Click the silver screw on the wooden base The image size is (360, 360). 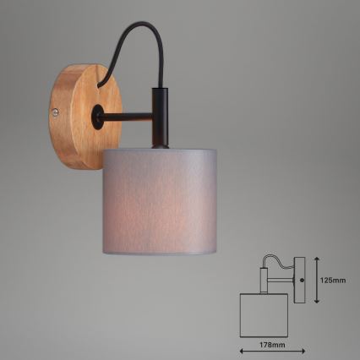tap(57, 111)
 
